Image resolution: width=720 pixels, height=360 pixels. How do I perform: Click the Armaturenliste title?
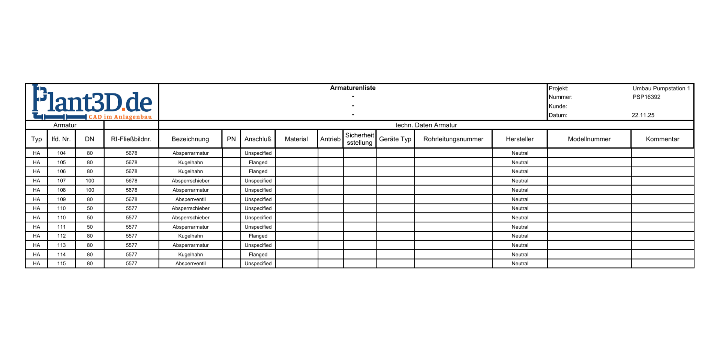click(352, 88)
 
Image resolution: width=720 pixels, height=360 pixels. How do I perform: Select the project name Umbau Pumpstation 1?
click(661, 88)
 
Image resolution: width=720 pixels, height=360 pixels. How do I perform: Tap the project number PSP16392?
click(646, 97)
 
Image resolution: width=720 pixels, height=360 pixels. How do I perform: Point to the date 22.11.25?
click(643, 115)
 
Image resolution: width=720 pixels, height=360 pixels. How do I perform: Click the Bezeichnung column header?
click(190, 139)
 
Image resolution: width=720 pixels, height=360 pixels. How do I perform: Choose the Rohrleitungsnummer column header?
click(453, 139)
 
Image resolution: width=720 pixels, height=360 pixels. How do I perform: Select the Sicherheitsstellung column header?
click(359, 139)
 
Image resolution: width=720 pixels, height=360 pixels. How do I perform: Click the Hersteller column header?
click(519, 139)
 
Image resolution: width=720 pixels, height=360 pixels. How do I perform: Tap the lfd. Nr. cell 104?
click(61, 153)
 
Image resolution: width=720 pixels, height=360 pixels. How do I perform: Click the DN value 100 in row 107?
click(90, 181)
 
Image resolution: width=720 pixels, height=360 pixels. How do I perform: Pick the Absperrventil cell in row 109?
click(190, 199)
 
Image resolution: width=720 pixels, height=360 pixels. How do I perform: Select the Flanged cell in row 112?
click(258, 236)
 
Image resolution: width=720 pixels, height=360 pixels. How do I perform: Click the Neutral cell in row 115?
click(520, 264)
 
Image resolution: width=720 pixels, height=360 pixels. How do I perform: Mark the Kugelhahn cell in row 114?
click(190, 254)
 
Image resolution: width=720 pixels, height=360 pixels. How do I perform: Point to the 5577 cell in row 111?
click(132, 227)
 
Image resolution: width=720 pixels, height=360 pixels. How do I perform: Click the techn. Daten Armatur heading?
click(426, 125)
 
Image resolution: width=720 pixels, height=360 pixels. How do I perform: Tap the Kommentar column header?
click(662, 139)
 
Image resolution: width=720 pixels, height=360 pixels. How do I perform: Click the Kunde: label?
click(558, 106)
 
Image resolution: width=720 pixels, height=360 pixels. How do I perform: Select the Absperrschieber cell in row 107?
click(190, 181)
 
